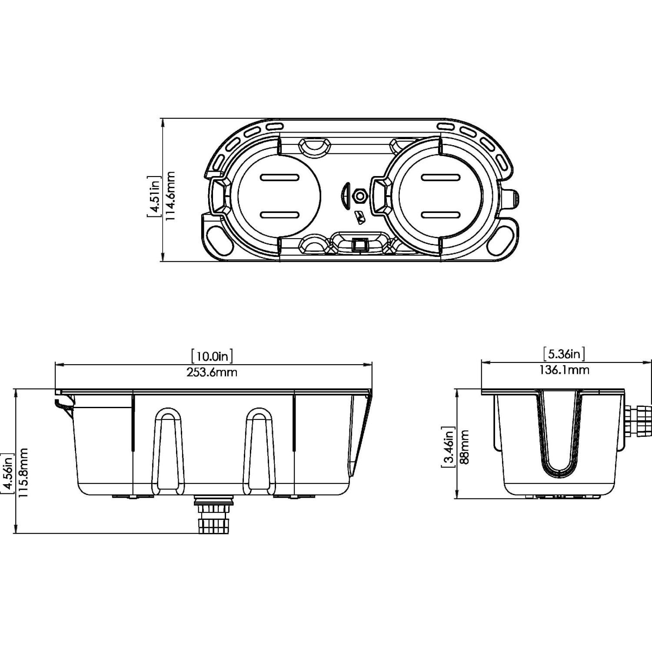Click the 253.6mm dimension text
tap(213, 372)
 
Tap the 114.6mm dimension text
tap(170, 196)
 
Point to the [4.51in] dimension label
tap(154, 196)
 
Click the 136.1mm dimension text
tap(564, 370)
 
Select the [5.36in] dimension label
tap(564, 354)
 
